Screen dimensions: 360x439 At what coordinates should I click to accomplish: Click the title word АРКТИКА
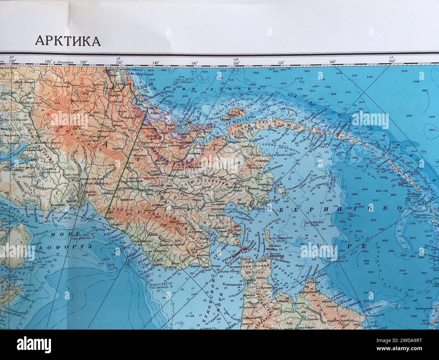tap(68, 40)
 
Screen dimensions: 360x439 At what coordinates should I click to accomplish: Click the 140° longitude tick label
tap(156, 63)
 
